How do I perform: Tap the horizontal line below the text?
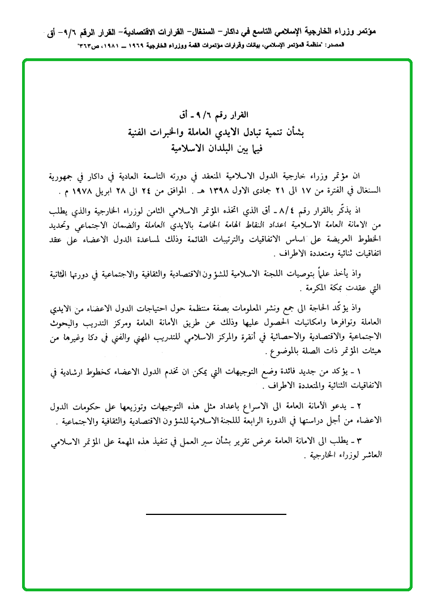tap(216, 514)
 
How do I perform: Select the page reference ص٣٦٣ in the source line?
tap(89, 44)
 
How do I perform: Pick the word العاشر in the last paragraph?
tap(370, 456)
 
